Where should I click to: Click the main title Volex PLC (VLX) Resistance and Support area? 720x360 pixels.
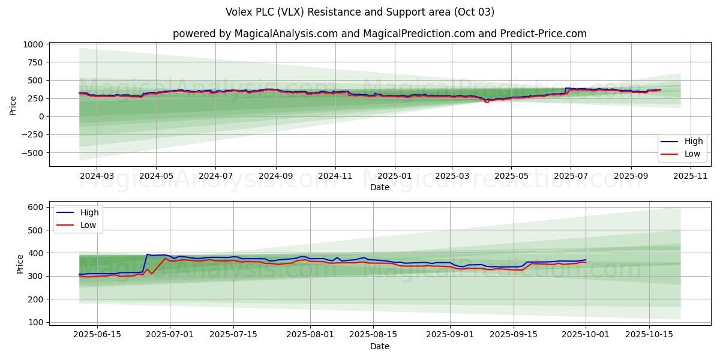(x=360, y=12)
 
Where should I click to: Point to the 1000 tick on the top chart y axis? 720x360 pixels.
(x=33, y=44)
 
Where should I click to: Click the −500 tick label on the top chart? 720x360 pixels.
(x=31, y=153)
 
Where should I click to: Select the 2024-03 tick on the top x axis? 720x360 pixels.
(x=97, y=176)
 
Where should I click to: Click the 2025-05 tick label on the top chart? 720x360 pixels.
(x=511, y=176)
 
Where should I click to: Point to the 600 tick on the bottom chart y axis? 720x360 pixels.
(x=35, y=207)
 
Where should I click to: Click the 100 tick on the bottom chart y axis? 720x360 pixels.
(x=35, y=322)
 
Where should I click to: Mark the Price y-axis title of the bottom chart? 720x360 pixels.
(x=20, y=264)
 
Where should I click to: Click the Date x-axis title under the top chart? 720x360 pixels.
(x=380, y=187)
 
